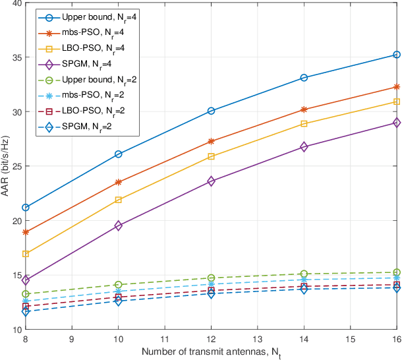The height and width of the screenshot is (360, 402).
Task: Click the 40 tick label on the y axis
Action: point(14,3)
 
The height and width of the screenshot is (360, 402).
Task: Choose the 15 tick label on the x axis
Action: point(350,340)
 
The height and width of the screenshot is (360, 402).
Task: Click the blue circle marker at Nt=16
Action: point(397,55)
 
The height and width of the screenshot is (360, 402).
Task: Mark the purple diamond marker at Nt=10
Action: point(118,225)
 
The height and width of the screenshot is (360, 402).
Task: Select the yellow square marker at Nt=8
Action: point(25,254)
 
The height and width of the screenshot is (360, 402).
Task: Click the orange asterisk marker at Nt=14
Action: point(304,109)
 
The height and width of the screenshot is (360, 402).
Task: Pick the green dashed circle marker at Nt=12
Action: point(211,278)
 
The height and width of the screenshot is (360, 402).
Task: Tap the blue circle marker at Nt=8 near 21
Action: point(25,208)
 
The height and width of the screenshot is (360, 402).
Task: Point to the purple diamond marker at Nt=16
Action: point(397,123)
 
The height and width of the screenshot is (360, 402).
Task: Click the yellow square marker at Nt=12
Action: point(211,156)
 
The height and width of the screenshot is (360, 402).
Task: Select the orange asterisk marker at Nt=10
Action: point(118,182)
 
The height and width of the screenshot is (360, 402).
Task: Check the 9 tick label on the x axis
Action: point(72,340)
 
